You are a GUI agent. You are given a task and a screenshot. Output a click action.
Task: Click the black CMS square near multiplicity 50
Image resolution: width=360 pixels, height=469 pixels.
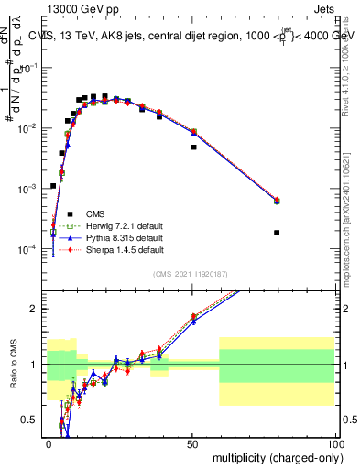click(x=193, y=147)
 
